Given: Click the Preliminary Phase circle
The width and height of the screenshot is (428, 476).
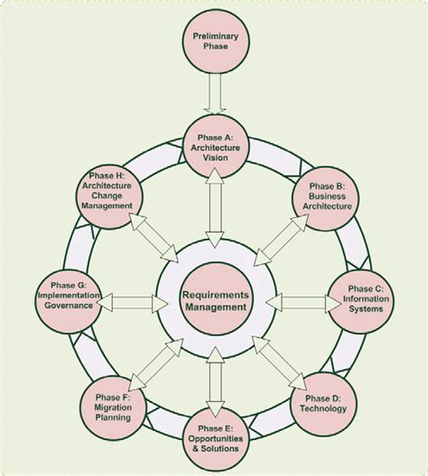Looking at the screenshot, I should (213, 41).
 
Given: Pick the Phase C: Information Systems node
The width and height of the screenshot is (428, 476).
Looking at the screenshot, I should (363, 297).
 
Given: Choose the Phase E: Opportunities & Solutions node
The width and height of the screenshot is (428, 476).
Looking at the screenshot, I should (213, 440).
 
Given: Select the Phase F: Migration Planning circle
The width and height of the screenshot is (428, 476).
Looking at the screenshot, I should (112, 406).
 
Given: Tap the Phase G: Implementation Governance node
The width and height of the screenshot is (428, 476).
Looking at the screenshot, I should (65, 297).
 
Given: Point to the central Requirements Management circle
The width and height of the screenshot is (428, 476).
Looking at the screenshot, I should (213, 300).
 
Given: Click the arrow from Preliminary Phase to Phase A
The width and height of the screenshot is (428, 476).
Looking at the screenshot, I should (213, 93).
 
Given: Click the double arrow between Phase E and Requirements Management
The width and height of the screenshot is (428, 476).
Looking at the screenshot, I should (213, 383).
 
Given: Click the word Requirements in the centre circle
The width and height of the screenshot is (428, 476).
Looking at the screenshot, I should (213, 294).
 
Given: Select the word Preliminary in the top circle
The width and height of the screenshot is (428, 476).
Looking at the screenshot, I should (213, 35).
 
